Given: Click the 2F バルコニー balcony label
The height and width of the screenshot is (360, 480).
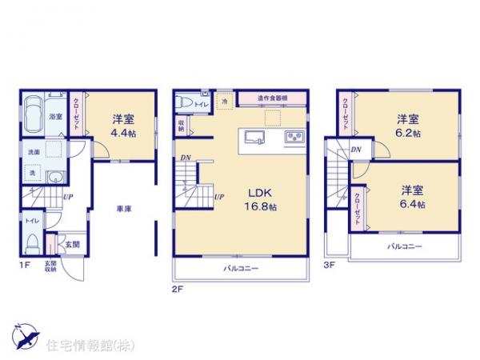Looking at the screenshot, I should point(240,269).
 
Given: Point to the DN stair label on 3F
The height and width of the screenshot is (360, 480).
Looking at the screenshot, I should point(356,150).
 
